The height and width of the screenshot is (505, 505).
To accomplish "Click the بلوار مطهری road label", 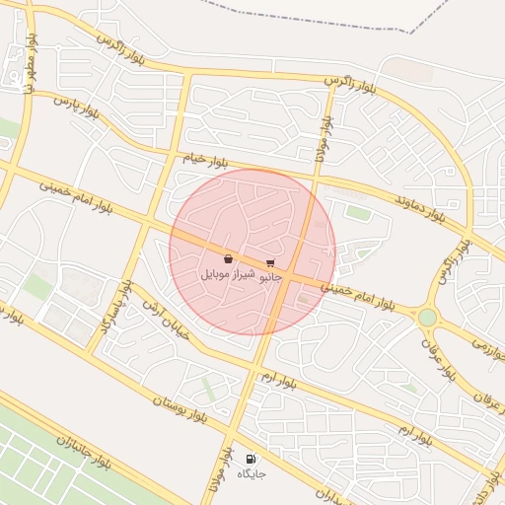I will pyautogui.click(x=33, y=63).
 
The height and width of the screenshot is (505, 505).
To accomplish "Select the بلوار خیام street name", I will pyautogui.click(x=204, y=159).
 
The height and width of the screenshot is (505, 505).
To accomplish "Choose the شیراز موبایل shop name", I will pyautogui.click(x=228, y=272).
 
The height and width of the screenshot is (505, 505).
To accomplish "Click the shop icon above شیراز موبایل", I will pyautogui.click(x=228, y=258).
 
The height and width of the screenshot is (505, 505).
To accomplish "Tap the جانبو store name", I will pyautogui.click(x=270, y=278).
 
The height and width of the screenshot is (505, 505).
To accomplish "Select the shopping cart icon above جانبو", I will pyautogui.click(x=270, y=263).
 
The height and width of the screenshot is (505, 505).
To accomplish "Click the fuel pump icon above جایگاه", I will pyautogui.click(x=251, y=459).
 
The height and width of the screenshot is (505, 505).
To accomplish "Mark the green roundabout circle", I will pyautogui.click(x=427, y=317).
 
